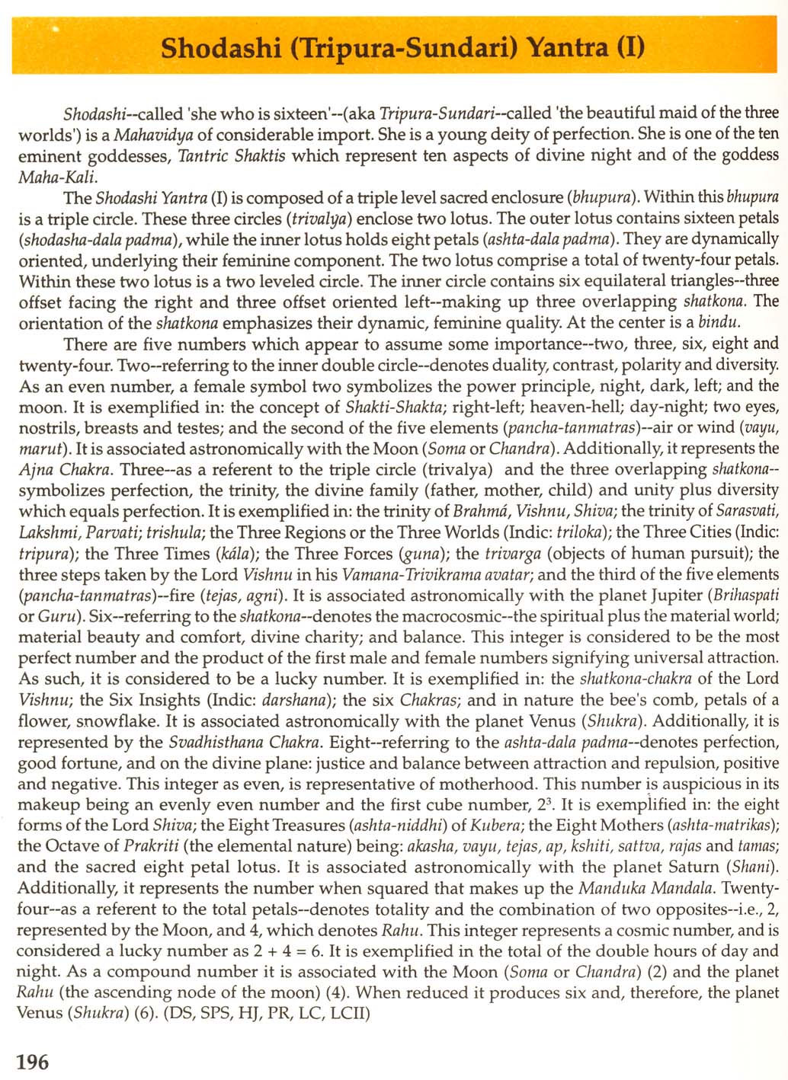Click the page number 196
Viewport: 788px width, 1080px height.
33,1061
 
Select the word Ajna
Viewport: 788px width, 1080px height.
35,470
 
